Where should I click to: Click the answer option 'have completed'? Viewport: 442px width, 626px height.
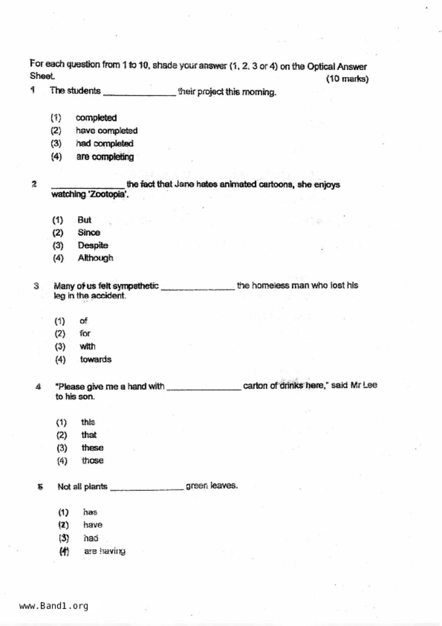[106, 131]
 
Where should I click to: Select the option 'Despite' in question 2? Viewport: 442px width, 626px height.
[93, 246]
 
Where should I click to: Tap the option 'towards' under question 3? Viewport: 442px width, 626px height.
[96, 359]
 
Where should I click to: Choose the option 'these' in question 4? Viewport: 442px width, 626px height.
[92, 448]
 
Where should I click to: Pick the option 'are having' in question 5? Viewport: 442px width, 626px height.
[105, 551]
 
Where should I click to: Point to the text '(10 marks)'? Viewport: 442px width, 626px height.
[347, 79]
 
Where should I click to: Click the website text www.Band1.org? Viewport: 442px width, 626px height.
[54, 606]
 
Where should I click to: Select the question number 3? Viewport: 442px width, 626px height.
[36, 286]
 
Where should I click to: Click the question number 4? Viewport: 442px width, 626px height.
[38, 387]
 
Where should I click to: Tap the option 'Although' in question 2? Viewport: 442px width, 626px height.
[95, 258]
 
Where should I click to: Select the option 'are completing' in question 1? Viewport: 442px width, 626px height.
[105, 157]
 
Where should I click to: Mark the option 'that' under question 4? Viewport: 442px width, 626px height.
[89, 435]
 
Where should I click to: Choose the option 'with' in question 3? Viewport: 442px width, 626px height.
[87, 347]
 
